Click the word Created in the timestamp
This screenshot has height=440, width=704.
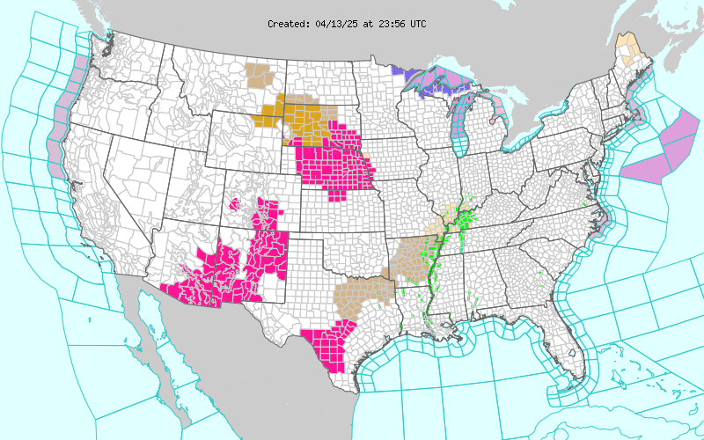click(288, 24)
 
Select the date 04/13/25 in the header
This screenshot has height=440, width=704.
click(334, 24)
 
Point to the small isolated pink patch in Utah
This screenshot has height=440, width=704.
click(235, 204)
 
